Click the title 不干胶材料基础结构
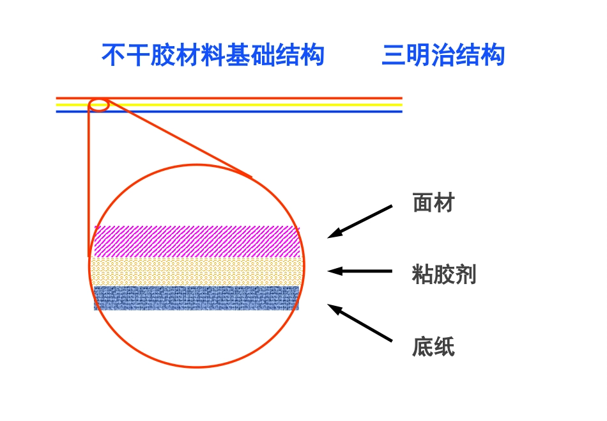point(213,56)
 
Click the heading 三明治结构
point(443,56)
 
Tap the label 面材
point(433,203)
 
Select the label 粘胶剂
point(444,275)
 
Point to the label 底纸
point(433,347)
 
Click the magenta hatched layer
point(197,241)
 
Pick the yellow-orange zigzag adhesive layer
point(197,271)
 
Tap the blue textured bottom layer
point(197,298)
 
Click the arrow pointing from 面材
point(360,222)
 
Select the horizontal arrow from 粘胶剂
point(360,271)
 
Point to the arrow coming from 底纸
point(360,322)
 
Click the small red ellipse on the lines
point(99,104)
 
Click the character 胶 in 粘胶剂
point(444,275)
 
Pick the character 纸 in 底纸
point(444,347)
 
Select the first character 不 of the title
point(113,56)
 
